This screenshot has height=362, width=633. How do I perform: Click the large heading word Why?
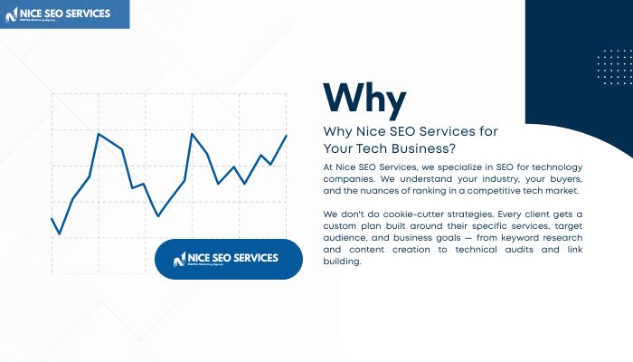coord(364,98)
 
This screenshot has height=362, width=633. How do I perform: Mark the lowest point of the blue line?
coord(60,233)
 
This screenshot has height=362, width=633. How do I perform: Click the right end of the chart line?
coord(287,135)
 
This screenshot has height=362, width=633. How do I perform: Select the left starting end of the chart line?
coord(52,218)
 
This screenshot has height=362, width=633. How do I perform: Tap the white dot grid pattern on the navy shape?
coord(615,68)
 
